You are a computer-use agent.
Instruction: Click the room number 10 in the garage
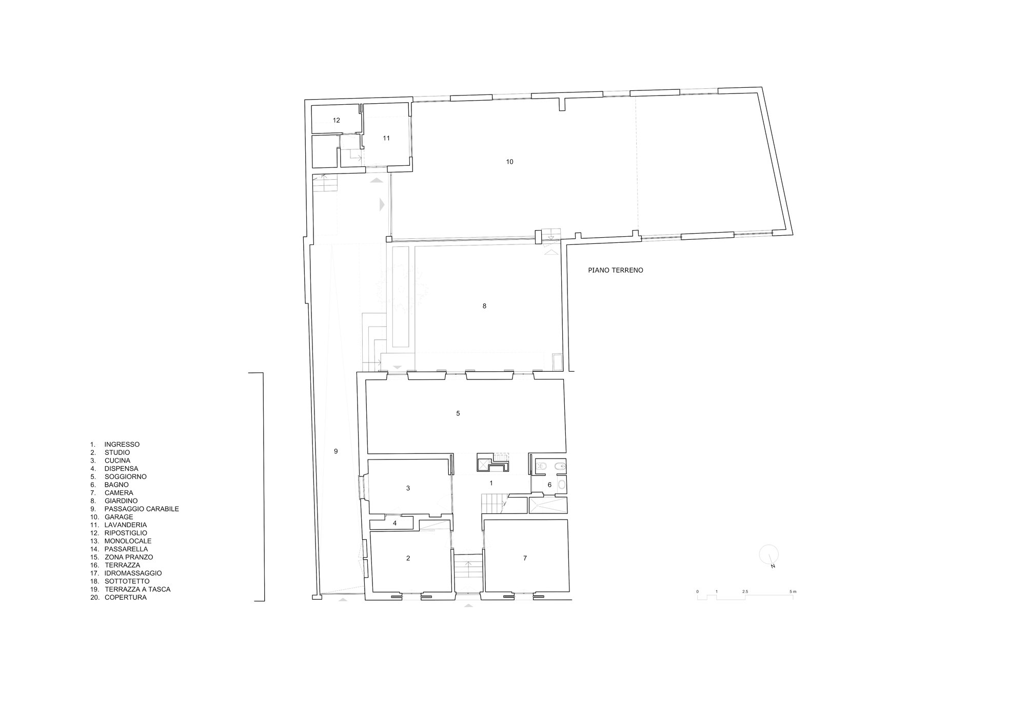coord(509,162)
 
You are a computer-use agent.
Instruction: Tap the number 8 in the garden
coord(484,306)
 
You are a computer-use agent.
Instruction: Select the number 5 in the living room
coord(458,413)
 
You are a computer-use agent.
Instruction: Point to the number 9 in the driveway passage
coord(336,451)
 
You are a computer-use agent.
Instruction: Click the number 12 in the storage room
coord(337,120)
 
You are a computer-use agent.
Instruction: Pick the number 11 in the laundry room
coord(386,138)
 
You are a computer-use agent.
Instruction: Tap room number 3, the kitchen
coord(408,488)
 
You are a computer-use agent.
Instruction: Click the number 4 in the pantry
coord(395,523)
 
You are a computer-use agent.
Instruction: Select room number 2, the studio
coord(408,558)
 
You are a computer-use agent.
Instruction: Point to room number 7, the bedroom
coord(525,558)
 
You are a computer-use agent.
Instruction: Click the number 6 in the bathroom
coord(549,485)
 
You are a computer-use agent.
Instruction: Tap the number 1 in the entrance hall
coord(491,483)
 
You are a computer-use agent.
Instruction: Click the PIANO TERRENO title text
coord(616,270)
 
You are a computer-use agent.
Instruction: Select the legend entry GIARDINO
coord(121,501)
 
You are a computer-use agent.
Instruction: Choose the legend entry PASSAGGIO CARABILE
coord(142,509)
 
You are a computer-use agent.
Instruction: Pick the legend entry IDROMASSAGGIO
coord(133,573)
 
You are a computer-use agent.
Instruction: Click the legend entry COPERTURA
coord(126,598)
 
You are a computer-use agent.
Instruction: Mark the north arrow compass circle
coord(769,554)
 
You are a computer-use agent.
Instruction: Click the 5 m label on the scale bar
coord(793,592)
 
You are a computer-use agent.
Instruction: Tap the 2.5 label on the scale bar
coord(745,592)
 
